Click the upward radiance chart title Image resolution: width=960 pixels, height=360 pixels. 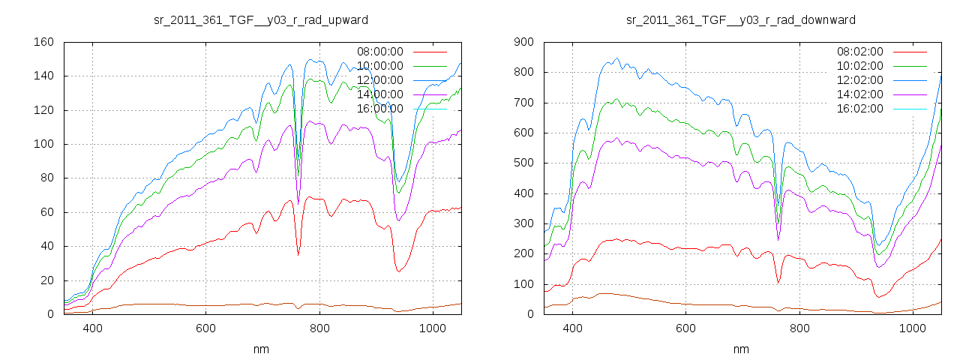260,19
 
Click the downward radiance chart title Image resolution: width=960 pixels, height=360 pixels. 741,19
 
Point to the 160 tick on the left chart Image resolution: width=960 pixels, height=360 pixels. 43,42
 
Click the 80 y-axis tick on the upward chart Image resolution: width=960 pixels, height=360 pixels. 46,178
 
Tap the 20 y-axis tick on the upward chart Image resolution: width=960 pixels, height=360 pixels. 46,280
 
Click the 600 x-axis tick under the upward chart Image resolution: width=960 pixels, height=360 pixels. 206,328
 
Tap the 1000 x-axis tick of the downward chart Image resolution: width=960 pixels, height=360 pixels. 913,328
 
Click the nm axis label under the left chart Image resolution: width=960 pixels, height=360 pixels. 260,349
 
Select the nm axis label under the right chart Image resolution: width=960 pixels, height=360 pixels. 741,349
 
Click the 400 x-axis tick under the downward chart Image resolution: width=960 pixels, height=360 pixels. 573,328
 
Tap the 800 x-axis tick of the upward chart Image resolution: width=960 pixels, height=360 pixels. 319,328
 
